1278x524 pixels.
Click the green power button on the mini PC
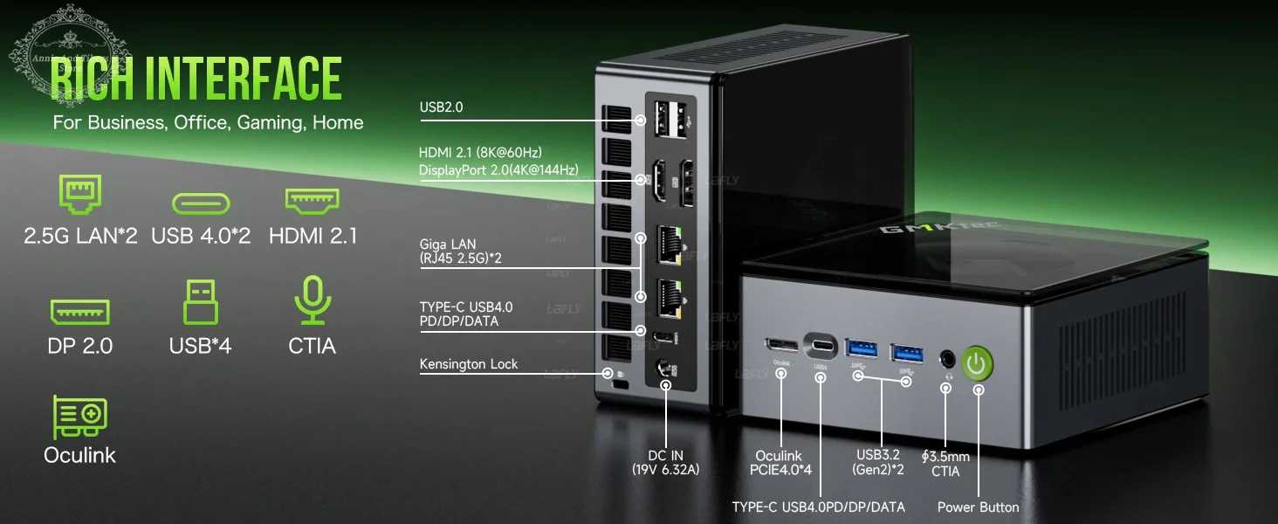click(x=978, y=362)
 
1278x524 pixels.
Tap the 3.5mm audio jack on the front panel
click(x=946, y=359)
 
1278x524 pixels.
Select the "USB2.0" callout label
click(x=441, y=107)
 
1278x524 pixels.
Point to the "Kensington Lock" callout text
click(x=468, y=364)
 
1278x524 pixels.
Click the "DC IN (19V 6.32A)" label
click(x=665, y=462)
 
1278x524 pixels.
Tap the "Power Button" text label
click(x=978, y=507)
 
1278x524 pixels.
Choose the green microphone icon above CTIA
click(x=312, y=300)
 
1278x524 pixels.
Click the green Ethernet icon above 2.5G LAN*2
click(x=79, y=194)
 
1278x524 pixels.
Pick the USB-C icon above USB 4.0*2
click(x=201, y=203)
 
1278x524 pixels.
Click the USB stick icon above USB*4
click(x=200, y=302)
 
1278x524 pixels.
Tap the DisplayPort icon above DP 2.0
click(x=79, y=312)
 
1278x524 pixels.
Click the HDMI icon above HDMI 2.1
click(x=312, y=201)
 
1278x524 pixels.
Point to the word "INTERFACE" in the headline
click(x=243, y=79)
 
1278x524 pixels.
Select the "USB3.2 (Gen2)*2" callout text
click(x=882, y=463)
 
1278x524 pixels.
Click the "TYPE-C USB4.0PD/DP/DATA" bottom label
click(x=818, y=507)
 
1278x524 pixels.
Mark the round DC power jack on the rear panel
click(x=665, y=371)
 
